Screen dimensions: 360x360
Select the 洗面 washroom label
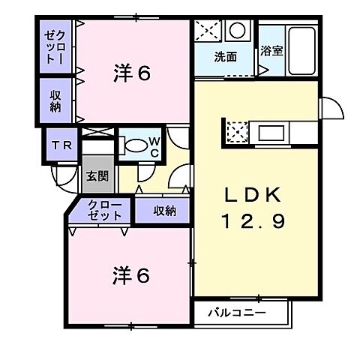tap(225, 56)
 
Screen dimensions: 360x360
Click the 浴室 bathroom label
tap(271, 52)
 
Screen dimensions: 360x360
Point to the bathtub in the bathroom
tap(303, 50)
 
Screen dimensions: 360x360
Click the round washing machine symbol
tap(238, 32)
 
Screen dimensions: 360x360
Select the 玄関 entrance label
tap(97, 177)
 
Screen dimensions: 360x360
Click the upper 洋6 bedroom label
tap(133, 73)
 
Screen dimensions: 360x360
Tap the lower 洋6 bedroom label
tap(131, 275)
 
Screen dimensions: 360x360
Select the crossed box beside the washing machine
tap(206, 32)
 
